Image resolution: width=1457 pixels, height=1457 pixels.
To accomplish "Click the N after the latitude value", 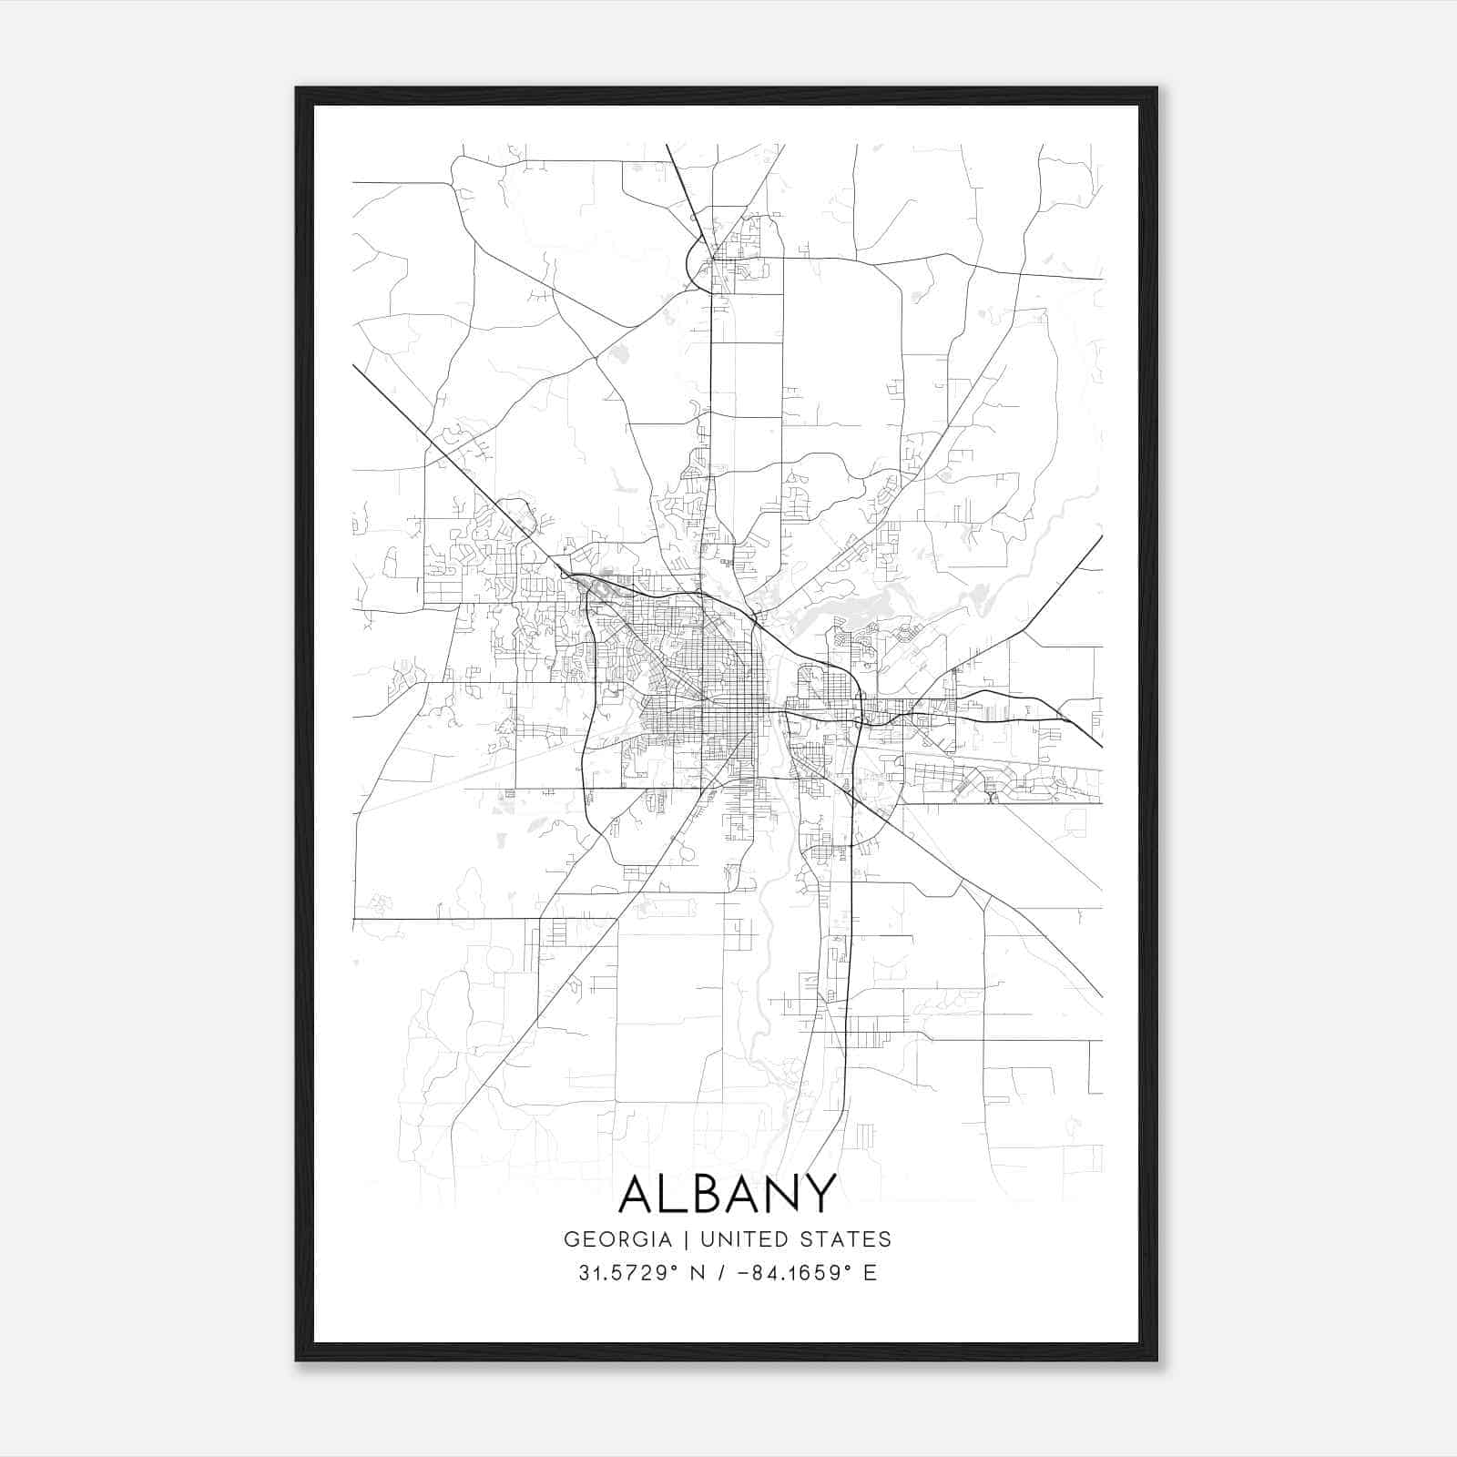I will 699,1273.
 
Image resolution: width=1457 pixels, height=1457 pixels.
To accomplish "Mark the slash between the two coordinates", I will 723,1273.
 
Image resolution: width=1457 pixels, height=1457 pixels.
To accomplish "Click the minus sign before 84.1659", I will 748,1273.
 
